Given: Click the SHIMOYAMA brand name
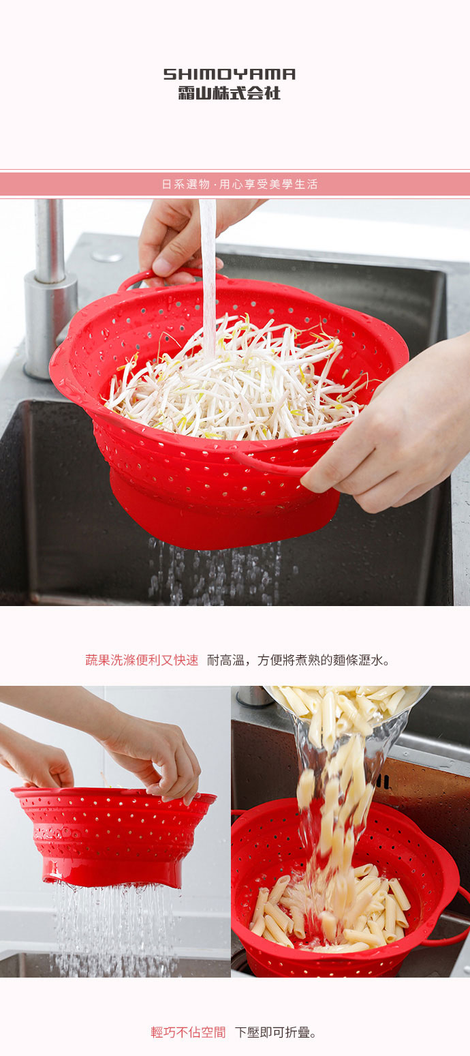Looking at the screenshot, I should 229,74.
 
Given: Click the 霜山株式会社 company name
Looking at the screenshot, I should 229,93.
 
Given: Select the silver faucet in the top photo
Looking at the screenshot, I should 50,286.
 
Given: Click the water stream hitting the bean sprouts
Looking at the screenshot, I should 208,273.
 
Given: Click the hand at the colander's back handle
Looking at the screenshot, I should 181,239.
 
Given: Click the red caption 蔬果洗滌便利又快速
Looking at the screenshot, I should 142,660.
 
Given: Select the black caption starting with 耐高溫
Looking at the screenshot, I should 298,660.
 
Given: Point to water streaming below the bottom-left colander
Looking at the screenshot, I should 112,927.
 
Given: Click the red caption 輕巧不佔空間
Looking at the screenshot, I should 188,1032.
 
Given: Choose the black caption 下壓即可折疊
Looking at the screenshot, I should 276,1032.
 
